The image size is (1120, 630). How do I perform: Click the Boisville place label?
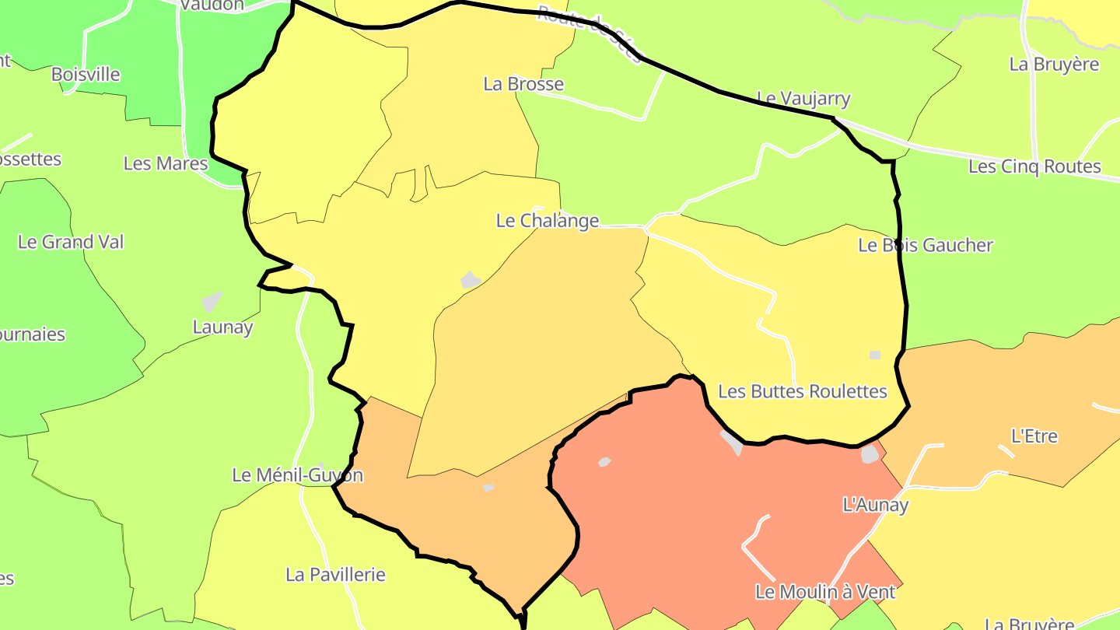point(86,75)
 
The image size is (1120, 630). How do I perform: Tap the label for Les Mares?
point(166,163)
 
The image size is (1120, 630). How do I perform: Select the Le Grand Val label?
point(71,242)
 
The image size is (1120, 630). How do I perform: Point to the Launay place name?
point(222,327)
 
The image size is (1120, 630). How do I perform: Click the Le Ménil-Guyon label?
point(297,474)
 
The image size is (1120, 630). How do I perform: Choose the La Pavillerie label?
point(335,575)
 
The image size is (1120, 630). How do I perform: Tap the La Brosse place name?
point(523,84)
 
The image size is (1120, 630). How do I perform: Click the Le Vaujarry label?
point(803,99)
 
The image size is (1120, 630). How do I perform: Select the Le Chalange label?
point(548,221)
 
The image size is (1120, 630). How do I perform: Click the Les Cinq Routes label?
point(1034,166)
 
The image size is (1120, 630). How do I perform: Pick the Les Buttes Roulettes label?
point(802,391)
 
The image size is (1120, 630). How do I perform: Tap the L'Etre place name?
point(1034,436)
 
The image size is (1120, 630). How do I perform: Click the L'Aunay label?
point(876,505)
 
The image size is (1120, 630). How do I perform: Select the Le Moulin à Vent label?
point(825,592)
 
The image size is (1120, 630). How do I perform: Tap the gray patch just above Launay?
point(212,301)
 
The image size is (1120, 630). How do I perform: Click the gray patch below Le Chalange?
point(470,280)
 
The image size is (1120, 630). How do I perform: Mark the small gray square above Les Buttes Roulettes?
point(875,355)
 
